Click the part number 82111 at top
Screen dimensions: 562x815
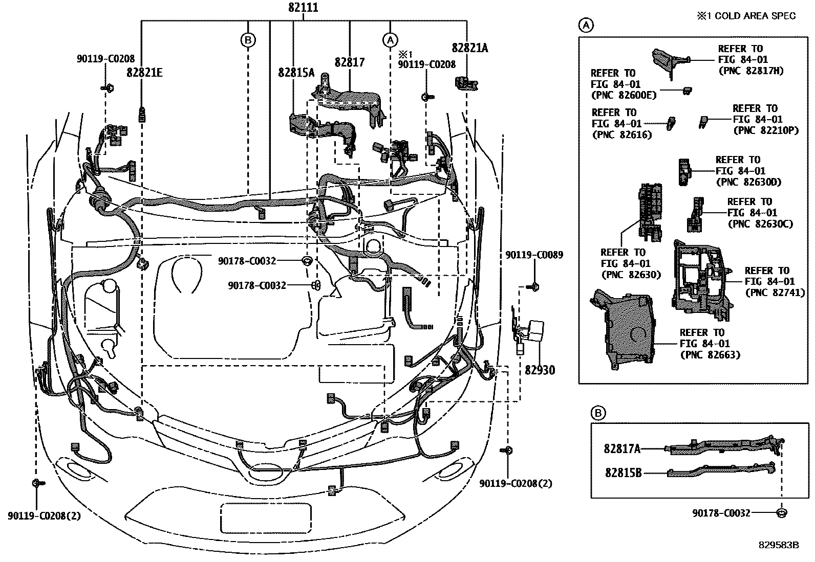(x=303, y=8)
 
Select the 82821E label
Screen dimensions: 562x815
(x=145, y=72)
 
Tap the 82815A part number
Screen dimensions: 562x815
(x=296, y=73)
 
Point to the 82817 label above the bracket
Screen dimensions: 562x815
(x=350, y=62)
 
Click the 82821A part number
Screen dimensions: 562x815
(x=470, y=48)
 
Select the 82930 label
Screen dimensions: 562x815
(x=540, y=370)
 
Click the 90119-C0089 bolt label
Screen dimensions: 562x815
(x=534, y=255)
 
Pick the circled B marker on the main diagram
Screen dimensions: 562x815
(x=248, y=39)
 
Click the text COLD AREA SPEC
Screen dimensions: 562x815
(x=755, y=16)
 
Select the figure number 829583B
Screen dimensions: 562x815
(x=779, y=545)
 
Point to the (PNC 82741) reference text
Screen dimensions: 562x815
(x=775, y=293)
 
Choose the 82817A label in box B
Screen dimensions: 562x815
(x=622, y=448)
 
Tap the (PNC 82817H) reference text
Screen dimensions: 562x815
(x=750, y=71)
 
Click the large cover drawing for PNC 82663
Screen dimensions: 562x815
(x=624, y=327)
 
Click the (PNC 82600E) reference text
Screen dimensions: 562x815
(x=623, y=95)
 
